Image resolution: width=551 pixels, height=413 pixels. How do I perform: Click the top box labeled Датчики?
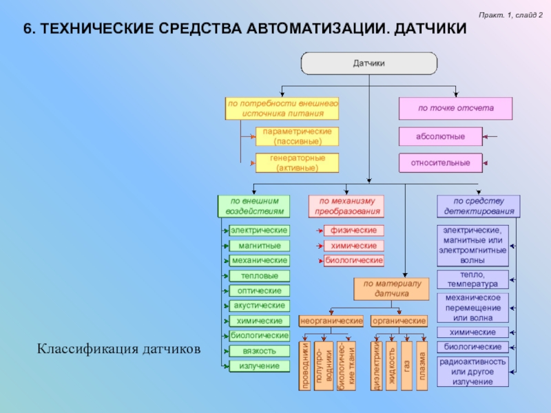[x=368, y=63]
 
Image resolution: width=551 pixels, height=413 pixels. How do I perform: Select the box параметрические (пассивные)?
[x=298, y=136]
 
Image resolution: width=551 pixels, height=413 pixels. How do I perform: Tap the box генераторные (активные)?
[x=298, y=162]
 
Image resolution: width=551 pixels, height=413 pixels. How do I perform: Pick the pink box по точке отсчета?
[x=455, y=108]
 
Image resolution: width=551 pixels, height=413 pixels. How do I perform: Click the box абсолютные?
[x=440, y=136]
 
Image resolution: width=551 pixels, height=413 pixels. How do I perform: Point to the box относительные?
[x=440, y=163]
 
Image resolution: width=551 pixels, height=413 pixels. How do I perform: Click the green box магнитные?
[x=259, y=246]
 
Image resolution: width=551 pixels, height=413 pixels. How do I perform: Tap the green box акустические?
[x=259, y=305]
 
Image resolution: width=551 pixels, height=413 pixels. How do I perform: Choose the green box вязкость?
[x=259, y=351]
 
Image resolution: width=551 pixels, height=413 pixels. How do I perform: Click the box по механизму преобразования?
[x=347, y=206]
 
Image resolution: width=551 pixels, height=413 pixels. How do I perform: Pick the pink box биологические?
[x=354, y=261]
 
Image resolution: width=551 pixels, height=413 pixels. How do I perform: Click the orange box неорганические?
[x=331, y=321]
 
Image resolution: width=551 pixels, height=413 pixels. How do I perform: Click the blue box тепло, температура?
[x=472, y=279]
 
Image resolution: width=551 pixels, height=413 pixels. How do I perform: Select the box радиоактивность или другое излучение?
[x=472, y=372]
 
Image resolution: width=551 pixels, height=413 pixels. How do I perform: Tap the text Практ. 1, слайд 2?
[x=512, y=15]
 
